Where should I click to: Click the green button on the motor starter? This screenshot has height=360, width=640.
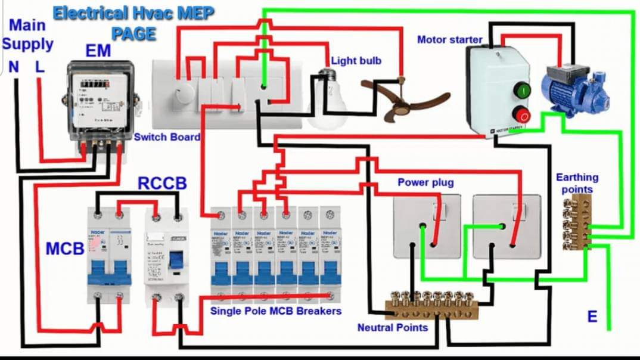pyautogui.click(x=523, y=92)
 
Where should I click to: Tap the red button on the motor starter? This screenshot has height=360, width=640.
pyautogui.click(x=523, y=114)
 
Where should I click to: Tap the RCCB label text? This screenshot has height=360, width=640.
pyautogui.click(x=162, y=184)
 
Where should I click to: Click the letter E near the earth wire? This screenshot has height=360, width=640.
pyautogui.click(x=592, y=316)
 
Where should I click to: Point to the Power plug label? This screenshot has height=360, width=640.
pyautogui.click(x=425, y=182)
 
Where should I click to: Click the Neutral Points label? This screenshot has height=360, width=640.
pyautogui.click(x=392, y=327)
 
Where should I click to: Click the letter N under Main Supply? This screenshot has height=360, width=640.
pyautogui.click(x=14, y=67)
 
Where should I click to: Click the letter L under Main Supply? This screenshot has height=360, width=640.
pyautogui.click(x=39, y=67)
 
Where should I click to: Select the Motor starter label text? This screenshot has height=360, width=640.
pyautogui.click(x=449, y=40)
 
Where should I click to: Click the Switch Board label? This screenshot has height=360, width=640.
pyautogui.click(x=167, y=136)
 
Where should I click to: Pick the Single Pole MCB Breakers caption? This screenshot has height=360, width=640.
pyautogui.click(x=276, y=311)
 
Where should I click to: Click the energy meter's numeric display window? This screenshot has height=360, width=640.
pyautogui.click(x=96, y=86)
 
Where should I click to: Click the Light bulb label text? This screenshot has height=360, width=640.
pyautogui.click(x=356, y=60)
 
